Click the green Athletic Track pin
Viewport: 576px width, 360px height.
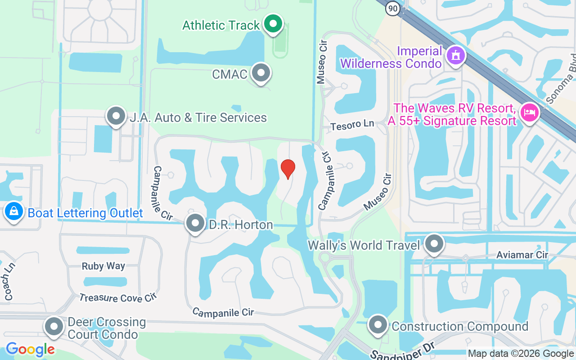pos(272,24)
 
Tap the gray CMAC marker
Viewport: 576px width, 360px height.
pos(261,73)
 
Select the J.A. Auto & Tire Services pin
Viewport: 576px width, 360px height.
pos(116,117)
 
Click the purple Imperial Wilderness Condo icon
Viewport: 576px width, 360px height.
pos(456,56)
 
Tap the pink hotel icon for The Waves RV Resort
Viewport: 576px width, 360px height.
pos(529,112)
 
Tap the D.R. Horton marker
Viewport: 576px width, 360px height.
pos(195,223)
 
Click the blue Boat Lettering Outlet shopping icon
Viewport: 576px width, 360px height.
pos(14,211)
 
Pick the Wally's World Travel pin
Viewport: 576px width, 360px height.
pos(434,244)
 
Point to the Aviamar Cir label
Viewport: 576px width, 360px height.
pos(522,255)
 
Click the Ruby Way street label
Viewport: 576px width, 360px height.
pos(103,266)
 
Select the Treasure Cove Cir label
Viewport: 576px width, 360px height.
pos(117,298)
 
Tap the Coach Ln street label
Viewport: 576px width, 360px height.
pos(9,281)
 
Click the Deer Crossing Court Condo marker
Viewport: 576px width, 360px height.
pos(54,327)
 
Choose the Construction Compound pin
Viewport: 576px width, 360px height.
pos(378,325)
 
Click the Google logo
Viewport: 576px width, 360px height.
pos(30,349)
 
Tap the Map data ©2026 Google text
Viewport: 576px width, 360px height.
pos(521,354)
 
